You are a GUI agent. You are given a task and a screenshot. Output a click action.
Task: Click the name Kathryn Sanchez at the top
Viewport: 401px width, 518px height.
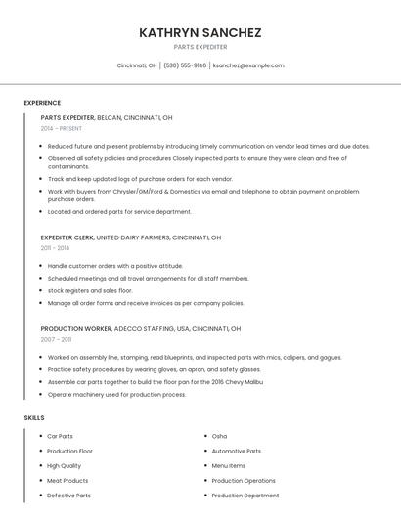coord(200,32)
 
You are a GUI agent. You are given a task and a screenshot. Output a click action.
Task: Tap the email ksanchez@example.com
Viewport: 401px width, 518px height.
coord(248,65)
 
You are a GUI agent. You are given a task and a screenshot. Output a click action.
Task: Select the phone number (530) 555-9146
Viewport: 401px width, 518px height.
coord(185,65)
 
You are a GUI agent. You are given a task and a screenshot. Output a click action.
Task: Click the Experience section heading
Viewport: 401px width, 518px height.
coord(42,103)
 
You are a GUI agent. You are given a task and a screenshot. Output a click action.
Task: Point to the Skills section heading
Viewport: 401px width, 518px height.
coord(34,417)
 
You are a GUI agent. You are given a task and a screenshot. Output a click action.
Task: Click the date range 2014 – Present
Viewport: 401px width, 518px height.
coord(62,128)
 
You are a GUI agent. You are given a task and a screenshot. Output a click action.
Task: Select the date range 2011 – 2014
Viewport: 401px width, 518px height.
coord(57,248)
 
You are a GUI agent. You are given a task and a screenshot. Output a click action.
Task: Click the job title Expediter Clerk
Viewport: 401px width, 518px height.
coord(67,237)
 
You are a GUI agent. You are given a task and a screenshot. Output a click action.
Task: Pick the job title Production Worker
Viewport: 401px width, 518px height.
coord(75,329)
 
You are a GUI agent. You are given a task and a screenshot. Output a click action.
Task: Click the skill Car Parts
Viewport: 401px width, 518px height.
coord(61,436)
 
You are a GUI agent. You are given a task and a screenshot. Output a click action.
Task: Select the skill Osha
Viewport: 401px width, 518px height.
coord(219,436)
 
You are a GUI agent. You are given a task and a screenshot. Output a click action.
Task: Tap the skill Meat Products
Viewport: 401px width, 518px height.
coord(67,481)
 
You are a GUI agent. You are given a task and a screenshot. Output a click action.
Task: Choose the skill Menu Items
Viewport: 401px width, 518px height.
coord(229,466)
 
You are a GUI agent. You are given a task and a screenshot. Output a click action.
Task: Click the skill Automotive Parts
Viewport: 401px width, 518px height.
coord(237,451)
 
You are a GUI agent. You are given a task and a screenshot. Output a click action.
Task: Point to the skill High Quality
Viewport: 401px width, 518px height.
coord(65,466)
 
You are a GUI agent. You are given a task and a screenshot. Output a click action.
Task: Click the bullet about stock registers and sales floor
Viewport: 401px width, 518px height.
coord(90,290)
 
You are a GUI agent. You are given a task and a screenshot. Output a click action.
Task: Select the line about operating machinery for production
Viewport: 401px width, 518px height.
coord(116,394)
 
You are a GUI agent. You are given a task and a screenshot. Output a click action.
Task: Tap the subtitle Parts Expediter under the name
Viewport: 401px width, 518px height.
coord(200,47)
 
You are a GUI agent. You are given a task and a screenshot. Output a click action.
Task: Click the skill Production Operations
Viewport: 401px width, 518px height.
coord(244,481)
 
